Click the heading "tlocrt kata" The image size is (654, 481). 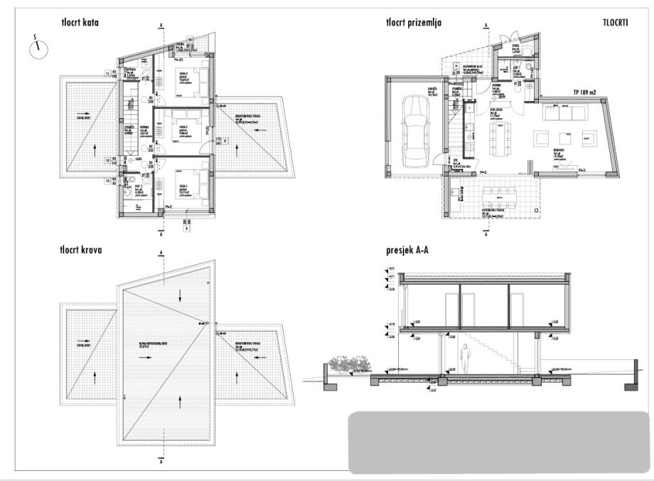(80, 23)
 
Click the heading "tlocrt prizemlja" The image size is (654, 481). (414, 23)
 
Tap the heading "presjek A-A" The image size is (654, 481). (408, 250)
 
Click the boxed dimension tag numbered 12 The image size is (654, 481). (107, 162)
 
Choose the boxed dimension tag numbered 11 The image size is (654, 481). (107, 73)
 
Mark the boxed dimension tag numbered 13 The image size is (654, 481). (107, 181)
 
